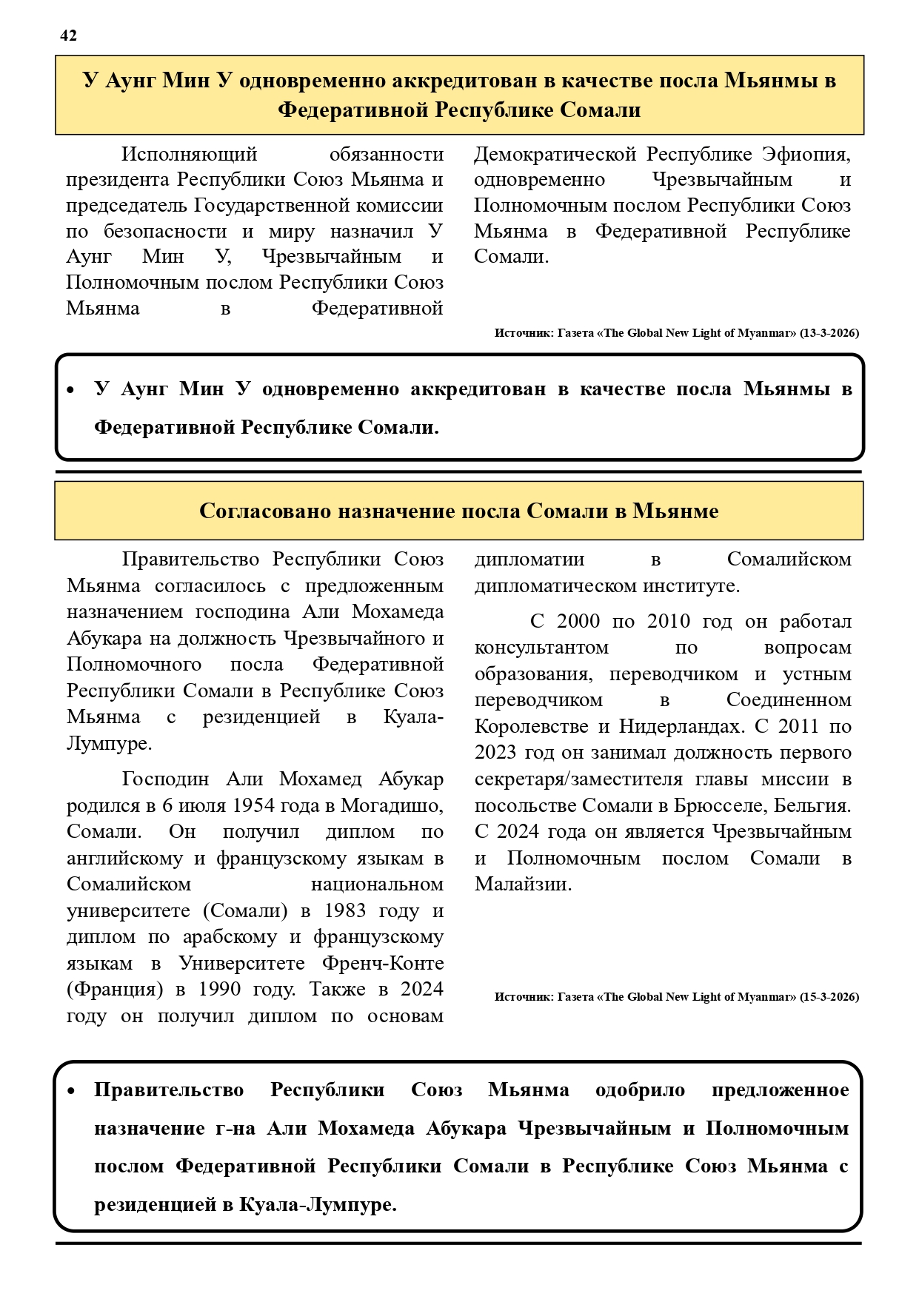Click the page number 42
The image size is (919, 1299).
(x=68, y=36)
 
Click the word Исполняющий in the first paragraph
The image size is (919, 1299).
(x=190, y=154)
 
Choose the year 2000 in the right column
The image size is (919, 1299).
(x=577, y=621)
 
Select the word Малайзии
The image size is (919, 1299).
(x=523, y=884)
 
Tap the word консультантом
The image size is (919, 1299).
(x=541, y=648)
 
